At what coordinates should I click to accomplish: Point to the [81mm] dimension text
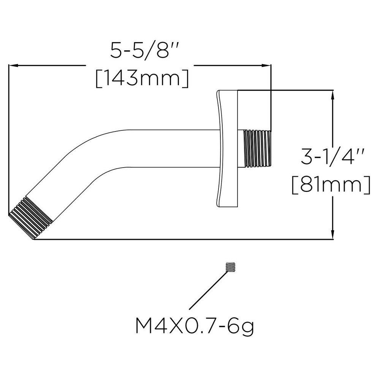[332, 185]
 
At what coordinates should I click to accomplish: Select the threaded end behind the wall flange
[258, 148]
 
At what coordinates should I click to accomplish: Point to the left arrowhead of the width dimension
[14, 66]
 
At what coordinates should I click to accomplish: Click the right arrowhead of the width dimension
[266, 66]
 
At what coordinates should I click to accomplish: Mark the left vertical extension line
[8, 141]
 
